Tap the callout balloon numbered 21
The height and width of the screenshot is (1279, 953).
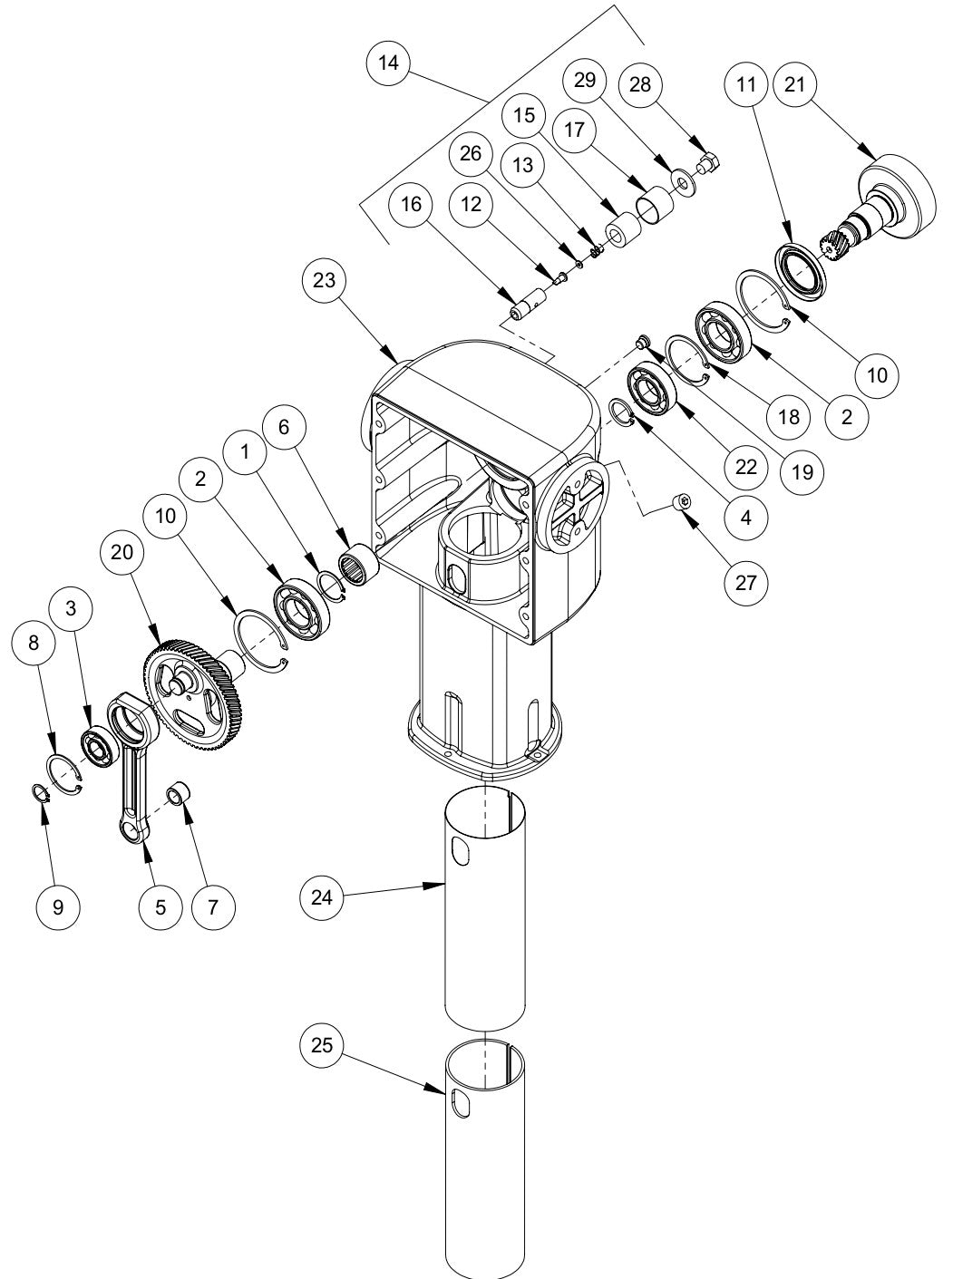793,84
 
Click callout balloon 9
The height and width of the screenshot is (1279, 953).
59,906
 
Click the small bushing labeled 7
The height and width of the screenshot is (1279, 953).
180,795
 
